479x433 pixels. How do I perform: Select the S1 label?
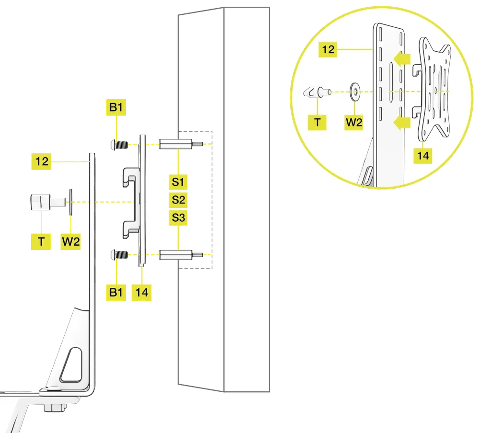click(178, 182)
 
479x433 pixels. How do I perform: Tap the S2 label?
click(178, 200)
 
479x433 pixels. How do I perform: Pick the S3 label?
click(178, 217)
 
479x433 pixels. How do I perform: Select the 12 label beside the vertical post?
click(42, 162)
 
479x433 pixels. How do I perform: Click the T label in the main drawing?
click(42, 241)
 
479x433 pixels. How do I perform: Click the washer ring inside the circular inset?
click(355, 91)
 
